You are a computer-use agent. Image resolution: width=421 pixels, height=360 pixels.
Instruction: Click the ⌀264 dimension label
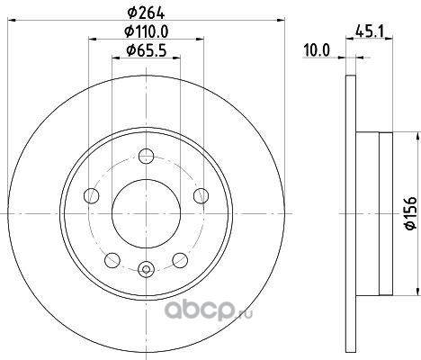pos(146,13)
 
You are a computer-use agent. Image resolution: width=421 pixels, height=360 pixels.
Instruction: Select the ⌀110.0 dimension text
pos(146,31)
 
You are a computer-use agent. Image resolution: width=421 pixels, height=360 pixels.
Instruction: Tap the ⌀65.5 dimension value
pos(146,50)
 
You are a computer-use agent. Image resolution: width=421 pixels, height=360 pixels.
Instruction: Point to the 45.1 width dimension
pos(370,31)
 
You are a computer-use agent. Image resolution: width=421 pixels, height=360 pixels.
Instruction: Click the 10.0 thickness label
pos(317,49)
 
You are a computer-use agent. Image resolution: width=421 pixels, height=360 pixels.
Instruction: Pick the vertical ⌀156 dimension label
pos(411,213)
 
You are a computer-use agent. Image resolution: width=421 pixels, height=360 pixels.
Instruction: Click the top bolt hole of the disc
pos(147,156)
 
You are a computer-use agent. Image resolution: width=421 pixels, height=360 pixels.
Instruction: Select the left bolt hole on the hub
pos(92,196)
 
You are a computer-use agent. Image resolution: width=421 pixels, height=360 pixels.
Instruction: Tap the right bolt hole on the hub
pos(201,196)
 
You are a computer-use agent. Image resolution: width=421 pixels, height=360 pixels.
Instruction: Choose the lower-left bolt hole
pos(112,260)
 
